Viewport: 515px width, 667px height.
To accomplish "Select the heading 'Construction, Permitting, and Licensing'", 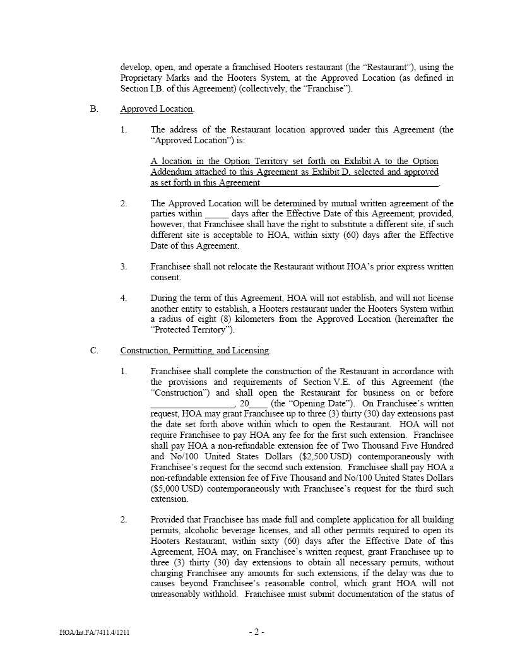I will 194,351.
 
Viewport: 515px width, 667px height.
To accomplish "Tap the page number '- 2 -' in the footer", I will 256,632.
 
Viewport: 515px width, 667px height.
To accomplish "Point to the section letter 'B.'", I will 94,109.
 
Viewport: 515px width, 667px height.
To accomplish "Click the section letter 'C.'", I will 94,351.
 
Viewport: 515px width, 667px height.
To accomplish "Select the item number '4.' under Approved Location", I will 124,298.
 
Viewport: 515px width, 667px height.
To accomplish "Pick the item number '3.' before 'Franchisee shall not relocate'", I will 124,267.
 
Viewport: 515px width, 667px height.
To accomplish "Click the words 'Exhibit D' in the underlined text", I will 362,172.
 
